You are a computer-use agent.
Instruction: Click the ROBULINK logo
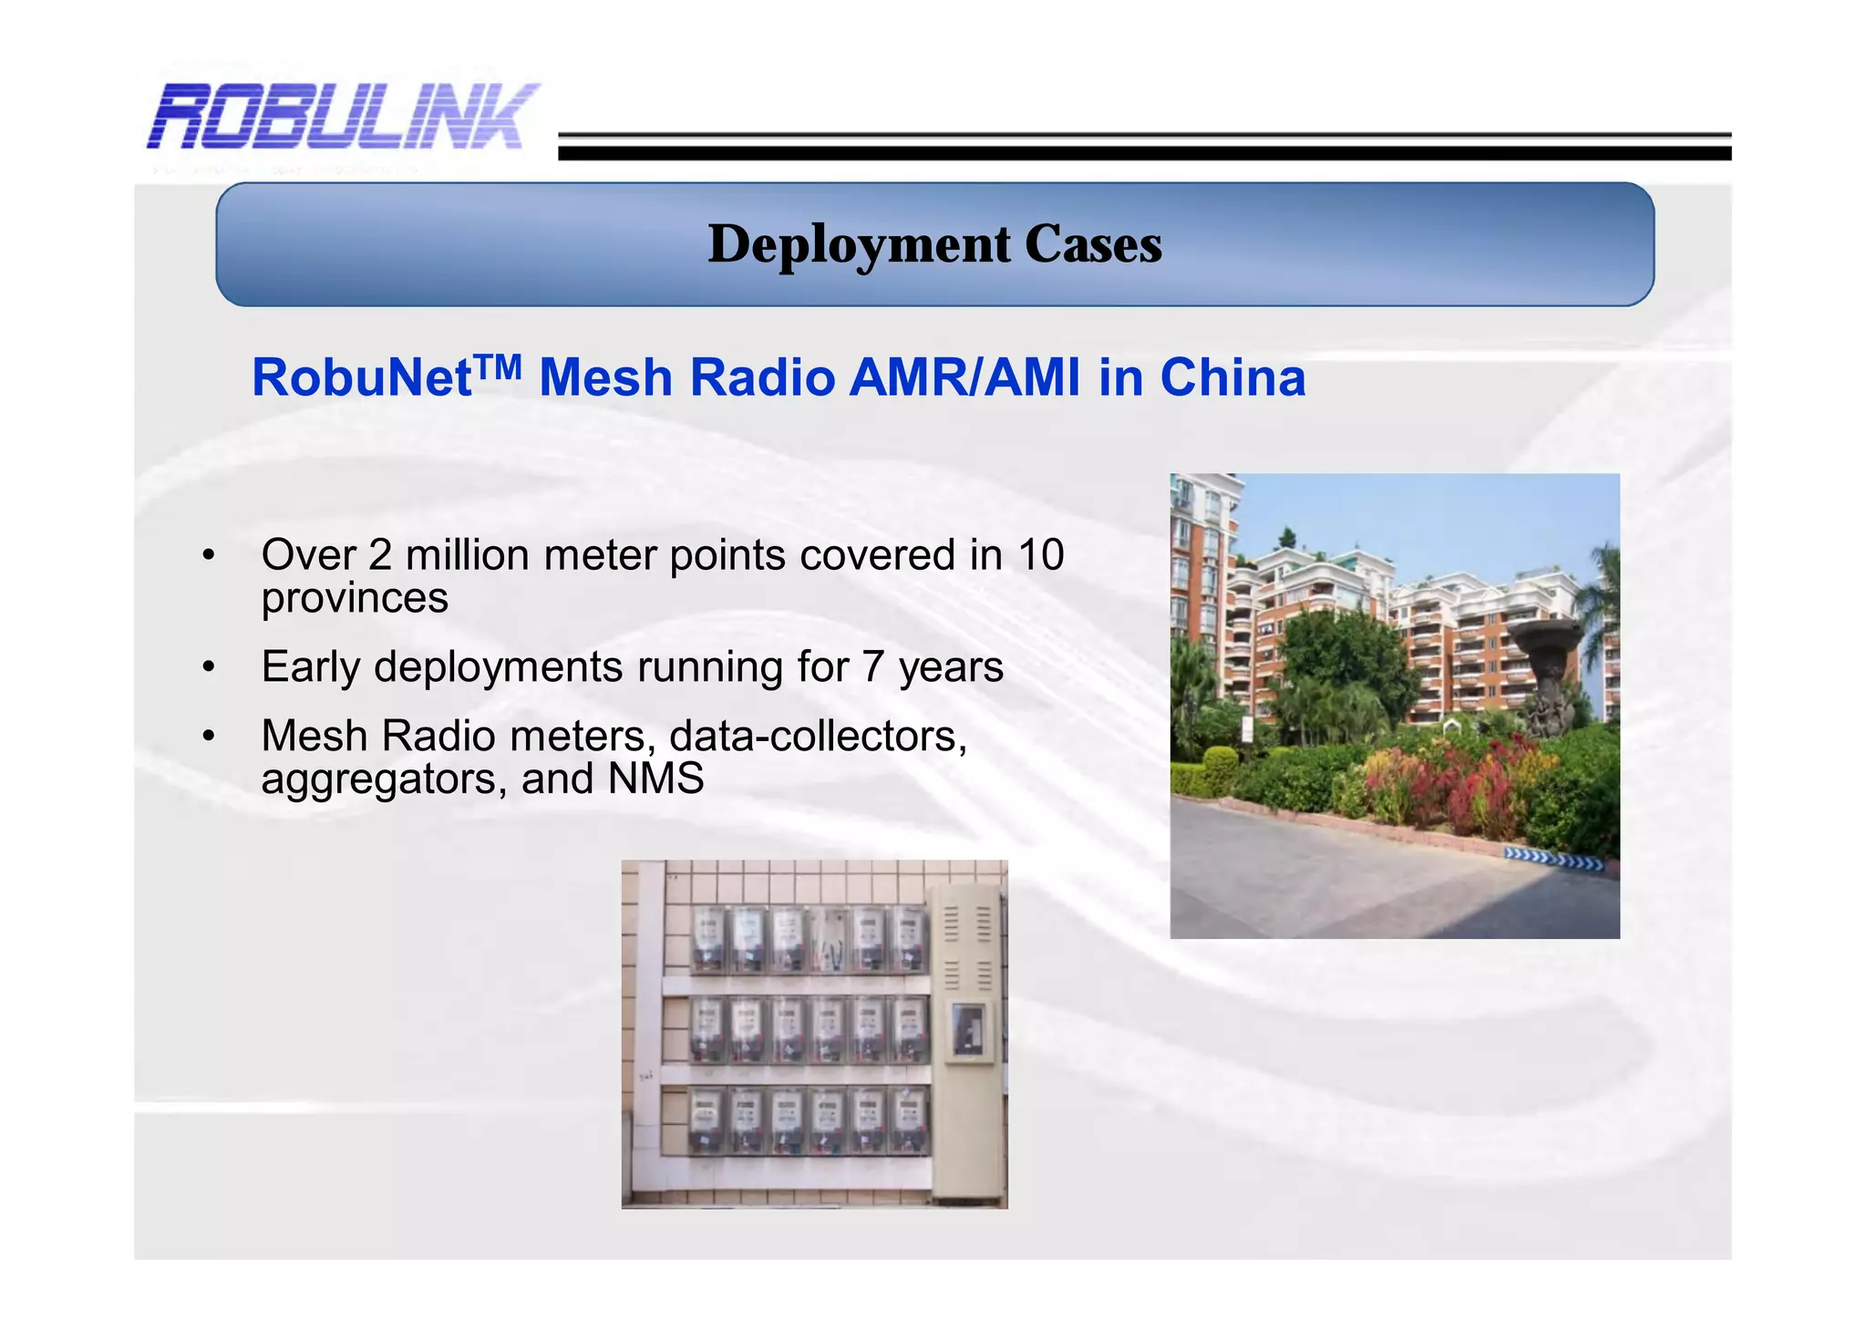[x=343, y=117]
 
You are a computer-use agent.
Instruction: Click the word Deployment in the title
[x=859, y=245]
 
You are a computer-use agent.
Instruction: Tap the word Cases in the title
[x=1093, y=245]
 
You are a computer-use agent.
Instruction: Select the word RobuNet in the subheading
[x=361, y=378]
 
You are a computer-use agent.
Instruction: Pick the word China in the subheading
[x=1232, y=378]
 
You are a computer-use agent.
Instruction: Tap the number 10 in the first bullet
[x=1040, y=555]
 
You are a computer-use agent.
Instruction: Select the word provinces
[x=355, y=599]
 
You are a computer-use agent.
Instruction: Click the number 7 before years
[x=872, y=667]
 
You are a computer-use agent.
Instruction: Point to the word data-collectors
[x=818, y=737]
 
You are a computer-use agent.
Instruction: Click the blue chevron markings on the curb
[x=1553, y=858]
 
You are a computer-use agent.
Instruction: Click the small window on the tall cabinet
[x=967, y=1031]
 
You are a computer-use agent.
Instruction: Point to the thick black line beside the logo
[x=1144, y=153]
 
